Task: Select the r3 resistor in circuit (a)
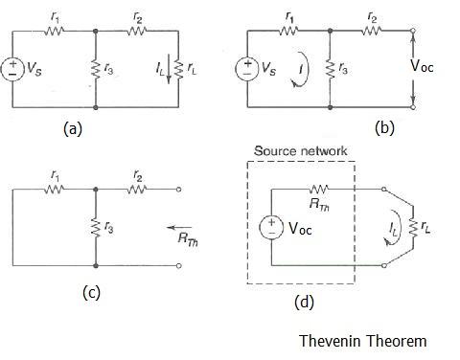(96, 69)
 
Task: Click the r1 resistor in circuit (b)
(287, 30)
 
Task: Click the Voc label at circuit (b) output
(434, 68)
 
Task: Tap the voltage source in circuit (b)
(246, 69)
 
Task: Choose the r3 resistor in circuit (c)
(96, 228)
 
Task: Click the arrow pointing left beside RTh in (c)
(175, 230)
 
